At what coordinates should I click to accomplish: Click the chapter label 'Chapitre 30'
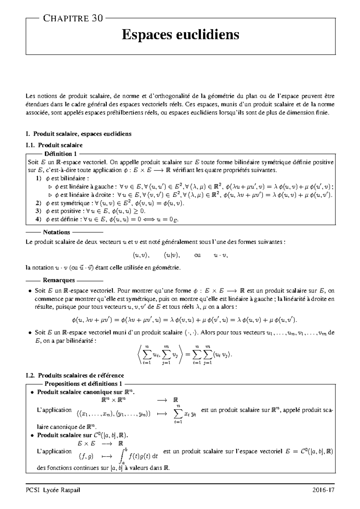tap(73, 19)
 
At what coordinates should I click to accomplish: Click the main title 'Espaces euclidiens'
tap(180, 35)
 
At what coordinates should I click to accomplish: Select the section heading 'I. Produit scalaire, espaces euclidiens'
tap(79, 134)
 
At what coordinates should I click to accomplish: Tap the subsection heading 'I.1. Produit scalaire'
tap(54, 145)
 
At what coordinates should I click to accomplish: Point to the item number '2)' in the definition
tap(38, 203)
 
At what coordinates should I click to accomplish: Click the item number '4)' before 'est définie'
tap(38, 219)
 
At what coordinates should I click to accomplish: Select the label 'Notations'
tap(56, 232)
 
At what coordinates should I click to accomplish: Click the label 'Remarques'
tap(59, 280)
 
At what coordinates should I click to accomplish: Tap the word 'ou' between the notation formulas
tap(197, 255)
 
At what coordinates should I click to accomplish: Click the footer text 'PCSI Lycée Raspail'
tap(53, 490)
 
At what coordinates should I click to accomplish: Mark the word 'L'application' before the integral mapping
tap(54, 451)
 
